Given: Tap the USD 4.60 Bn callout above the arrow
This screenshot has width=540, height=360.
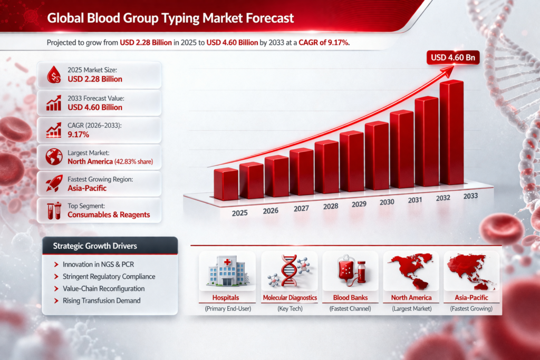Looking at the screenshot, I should point(453,57).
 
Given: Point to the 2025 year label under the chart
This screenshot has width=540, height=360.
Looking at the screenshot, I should point(240,213).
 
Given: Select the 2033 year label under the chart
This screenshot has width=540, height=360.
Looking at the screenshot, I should point(470,196).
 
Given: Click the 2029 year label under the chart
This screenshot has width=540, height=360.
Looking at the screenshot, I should point(359,203).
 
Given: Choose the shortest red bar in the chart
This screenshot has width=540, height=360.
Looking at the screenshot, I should point(226,184).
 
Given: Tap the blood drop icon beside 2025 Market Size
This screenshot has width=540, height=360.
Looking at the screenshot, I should point(53,75).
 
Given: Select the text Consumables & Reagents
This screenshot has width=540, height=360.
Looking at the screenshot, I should point(109,215).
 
